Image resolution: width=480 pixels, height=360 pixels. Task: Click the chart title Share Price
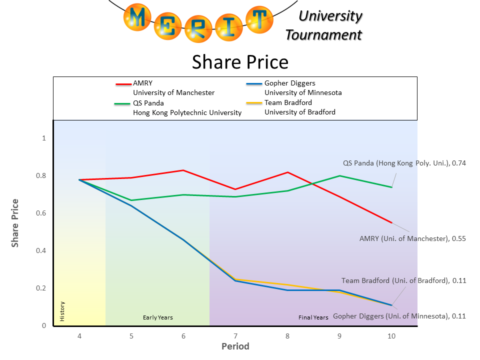pyautogui.click(x=240, y=62)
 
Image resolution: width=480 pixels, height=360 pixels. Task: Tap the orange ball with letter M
pyautogui.click(x=139, y=18)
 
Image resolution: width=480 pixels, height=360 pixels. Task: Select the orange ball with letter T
pyautogui.click(x=259, y=19)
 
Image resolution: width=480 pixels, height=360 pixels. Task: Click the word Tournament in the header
pyautogui.click(x=323, y=35)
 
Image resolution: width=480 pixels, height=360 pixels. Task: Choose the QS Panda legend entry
pyautogui.click(x=148, y=103)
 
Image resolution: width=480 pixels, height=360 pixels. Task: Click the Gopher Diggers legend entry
pyautogui.click(x=290, y=83)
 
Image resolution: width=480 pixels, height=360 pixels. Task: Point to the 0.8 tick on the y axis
pyautogui.click(x=44, y=175)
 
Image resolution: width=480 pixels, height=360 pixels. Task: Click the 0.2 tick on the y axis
pyautogui.click(x=44, y=288)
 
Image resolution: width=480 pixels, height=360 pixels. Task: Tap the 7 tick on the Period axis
pyautogui.click(x=235, y=336)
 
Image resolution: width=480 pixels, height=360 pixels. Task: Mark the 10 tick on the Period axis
pyautogui.click(x=391, y=336)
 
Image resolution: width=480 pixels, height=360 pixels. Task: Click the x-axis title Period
pyautogui.click(x=235, y=346)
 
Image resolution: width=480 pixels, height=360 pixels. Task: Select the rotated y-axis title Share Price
pyautogui.click(x=15, y=223)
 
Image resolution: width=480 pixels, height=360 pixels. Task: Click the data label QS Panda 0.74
pyautogui.click(x=404, y=163)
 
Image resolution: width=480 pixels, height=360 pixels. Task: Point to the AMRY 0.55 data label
pyautogui.click(x=412, y=238)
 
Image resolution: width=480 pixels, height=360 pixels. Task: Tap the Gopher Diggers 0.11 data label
pyautogui.click(x=399, y=316)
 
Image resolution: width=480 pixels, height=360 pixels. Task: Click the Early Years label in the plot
pyautogui.click(x=157, y=317)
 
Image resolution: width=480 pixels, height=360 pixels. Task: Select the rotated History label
pyautogui.click(x=62, y=311)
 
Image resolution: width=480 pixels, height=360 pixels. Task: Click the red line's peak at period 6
pyautogui.click(x=183, y=170)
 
